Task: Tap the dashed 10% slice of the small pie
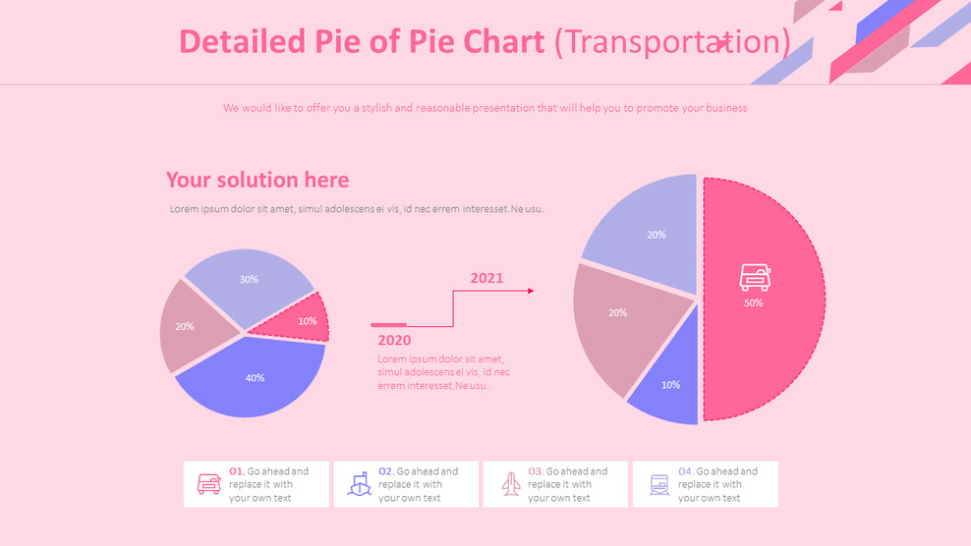(299, 320)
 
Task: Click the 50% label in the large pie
(753, 303)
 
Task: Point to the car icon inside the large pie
(755, 278)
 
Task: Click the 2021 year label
(486, 278)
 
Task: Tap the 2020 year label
(394, 341)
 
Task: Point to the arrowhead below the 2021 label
(531, 291)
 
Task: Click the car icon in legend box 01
(209, 484)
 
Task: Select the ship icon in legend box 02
(360, 484)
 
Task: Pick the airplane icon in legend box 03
(511, 484)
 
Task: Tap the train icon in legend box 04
(659, 484)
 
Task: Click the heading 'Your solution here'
(257, 180)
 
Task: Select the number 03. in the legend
(536, 471)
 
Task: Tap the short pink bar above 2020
(388, 324)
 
